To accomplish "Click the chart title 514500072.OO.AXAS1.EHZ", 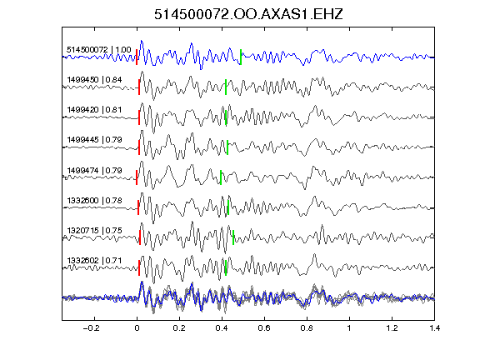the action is tap(248, 14).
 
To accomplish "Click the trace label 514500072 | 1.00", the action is tap(99, 50).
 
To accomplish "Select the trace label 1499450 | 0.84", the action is tap(94, 80).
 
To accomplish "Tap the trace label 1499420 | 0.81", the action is tap(94, 110).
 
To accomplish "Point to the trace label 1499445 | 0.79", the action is tap(94, 140).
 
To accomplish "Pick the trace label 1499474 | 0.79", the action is tap(94, 170).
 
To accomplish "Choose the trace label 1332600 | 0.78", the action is tap(94, 200).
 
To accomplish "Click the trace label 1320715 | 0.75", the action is tap(94, 230).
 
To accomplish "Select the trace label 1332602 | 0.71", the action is tap(94, 260).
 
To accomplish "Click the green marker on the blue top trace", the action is tap(241, 57).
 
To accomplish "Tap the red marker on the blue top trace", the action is tap(137, 57).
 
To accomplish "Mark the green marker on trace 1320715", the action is tap(233, 237).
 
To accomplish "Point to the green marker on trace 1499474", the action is tap(221, 177).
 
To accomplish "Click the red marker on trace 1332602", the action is tap(139, 267).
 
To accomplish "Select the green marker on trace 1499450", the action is tap(226, 87).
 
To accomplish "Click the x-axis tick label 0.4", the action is tap(222, 328).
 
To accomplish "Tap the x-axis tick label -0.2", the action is tap(92, 328).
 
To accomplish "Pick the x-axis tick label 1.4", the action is tap(434, 328).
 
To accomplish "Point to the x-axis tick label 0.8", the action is tap(307, 328).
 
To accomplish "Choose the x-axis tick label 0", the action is tap(137, 328).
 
